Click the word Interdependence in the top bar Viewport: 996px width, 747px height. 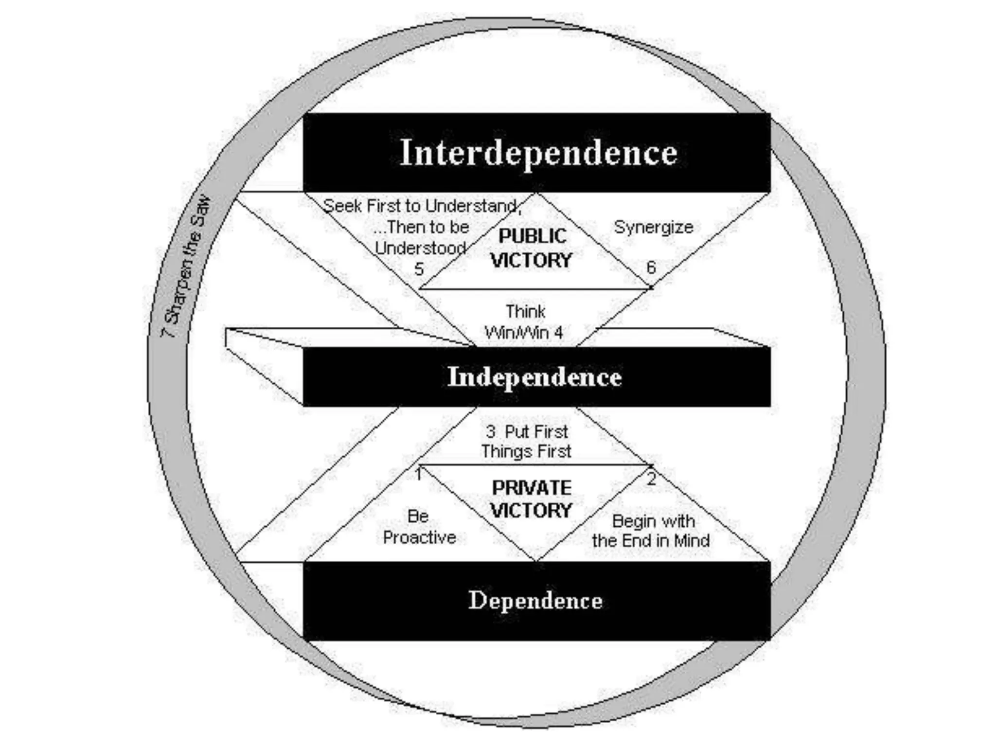point(538,153)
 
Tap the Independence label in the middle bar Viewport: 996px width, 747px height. point(534,377)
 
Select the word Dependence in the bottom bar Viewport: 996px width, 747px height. point(535,601)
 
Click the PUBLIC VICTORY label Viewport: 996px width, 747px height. point(531,248)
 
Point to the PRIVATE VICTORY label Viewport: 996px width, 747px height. point(531,499)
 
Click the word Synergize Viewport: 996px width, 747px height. point(653,227)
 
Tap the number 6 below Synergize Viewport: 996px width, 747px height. point(651,267)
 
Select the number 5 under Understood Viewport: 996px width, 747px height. point(419,269)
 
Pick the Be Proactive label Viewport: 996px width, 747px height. point(419,527)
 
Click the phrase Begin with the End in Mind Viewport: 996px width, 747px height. point(651,531)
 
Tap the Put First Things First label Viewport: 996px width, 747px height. point(526,442)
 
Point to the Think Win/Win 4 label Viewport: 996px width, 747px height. point(524,322)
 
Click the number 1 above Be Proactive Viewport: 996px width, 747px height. point(419,474)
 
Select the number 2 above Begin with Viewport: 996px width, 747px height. point(651,479)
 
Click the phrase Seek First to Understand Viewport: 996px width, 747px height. point(422,206)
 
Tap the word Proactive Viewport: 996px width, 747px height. point(419,537)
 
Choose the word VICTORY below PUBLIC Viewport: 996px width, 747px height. point(531,261)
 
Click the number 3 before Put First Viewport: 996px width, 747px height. point(490,431)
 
